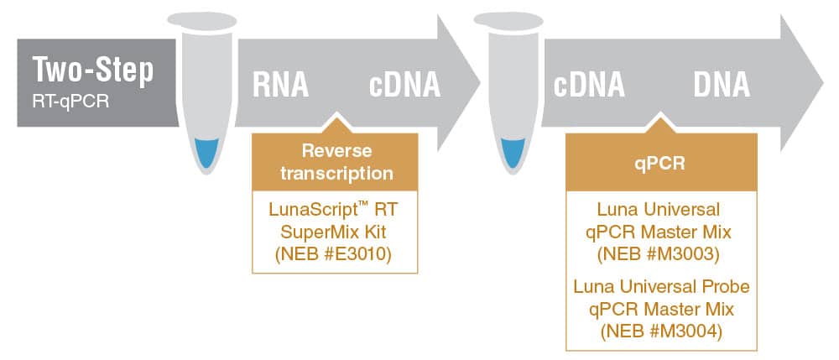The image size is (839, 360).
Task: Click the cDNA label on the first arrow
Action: click(404, 84)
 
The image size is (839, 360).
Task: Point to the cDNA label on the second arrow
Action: click(588, 84)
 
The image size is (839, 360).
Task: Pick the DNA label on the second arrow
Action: click(722, 84)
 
